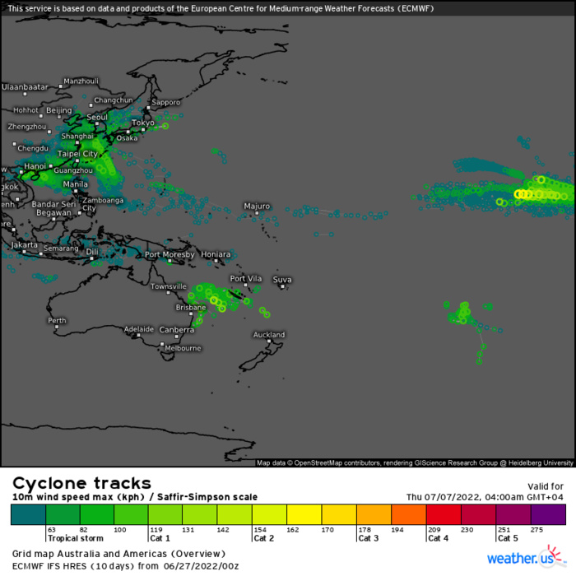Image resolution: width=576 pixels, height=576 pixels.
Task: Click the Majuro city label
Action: coord(257,206)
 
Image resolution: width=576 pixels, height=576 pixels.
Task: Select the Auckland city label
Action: coord(268,335)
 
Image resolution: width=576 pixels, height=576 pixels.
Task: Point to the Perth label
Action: coord(57,320)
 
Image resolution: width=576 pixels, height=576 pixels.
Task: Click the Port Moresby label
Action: coord(170,254)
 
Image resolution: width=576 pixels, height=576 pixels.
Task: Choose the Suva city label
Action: coord(282,279)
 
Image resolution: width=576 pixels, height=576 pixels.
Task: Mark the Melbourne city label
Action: coord(182,348)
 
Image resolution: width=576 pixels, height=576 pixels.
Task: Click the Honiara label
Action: coord(216,254)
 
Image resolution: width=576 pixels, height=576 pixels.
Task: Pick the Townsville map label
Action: coord(168,286)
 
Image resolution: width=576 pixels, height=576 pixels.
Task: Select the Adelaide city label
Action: coord(139,329)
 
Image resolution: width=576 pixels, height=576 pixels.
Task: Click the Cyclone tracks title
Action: coord(81,483)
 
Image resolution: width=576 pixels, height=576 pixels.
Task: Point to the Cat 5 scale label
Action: coord(508,538)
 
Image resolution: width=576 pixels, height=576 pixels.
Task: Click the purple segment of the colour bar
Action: coord(549,515)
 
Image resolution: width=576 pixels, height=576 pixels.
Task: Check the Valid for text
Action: coord(545,485)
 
